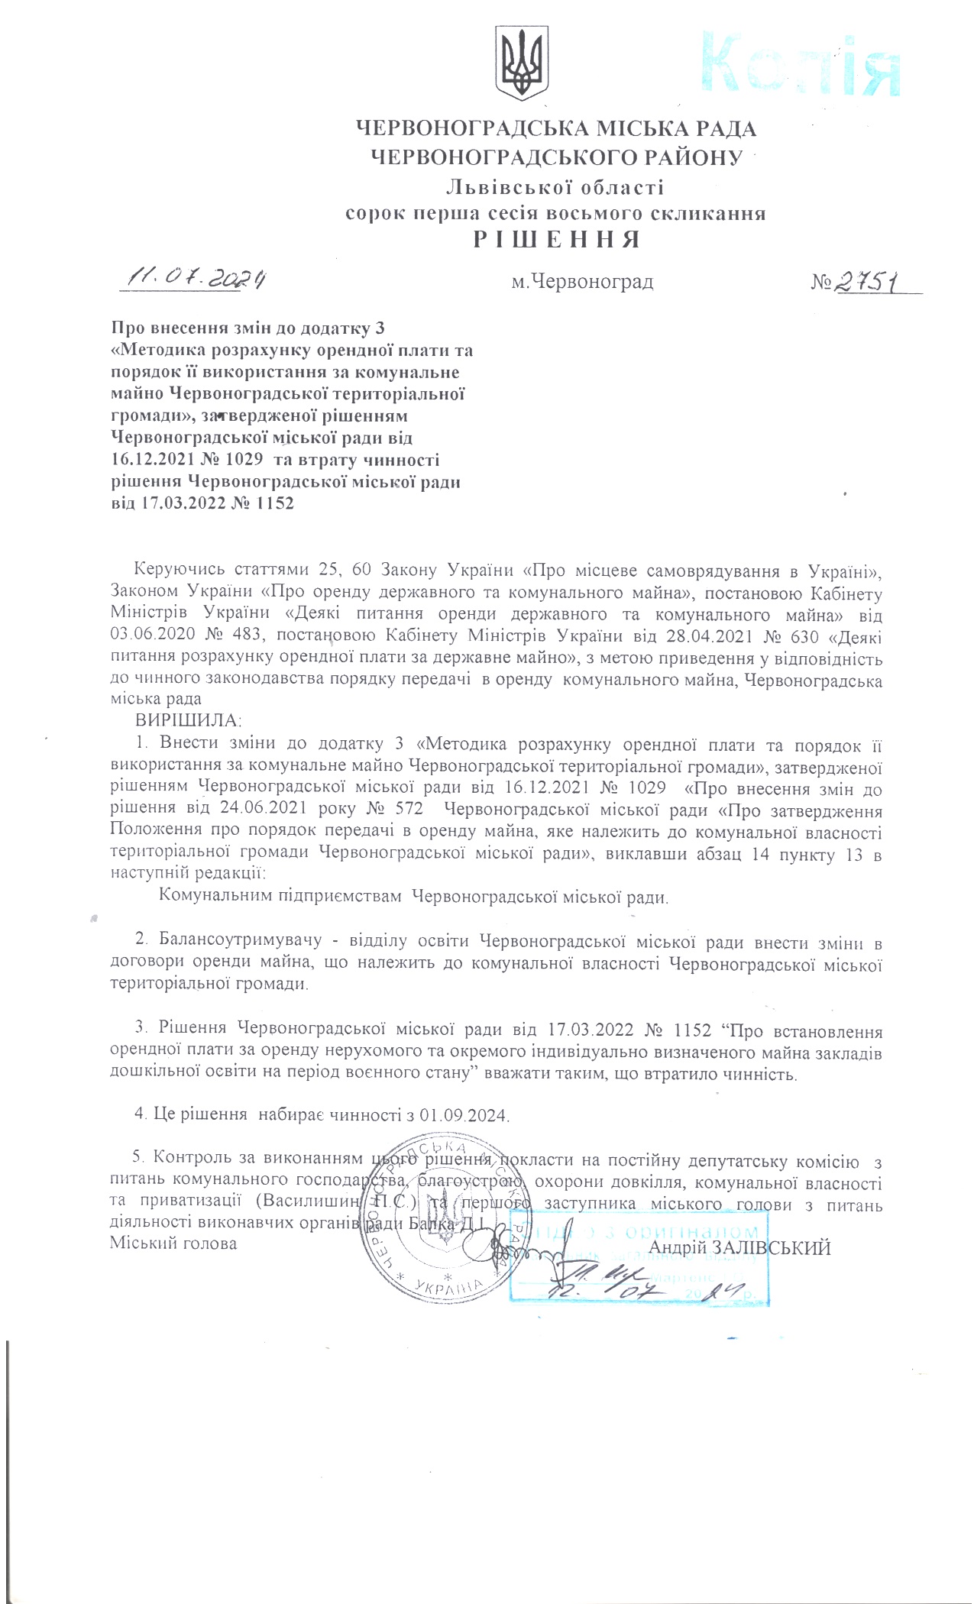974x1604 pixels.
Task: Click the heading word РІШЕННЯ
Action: (555, 240)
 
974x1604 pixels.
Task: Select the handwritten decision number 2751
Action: (868, 282)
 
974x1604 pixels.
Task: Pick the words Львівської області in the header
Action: (555, 186)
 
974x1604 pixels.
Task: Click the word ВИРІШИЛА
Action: (188, 720)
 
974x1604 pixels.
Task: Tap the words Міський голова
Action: (173, 1243)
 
